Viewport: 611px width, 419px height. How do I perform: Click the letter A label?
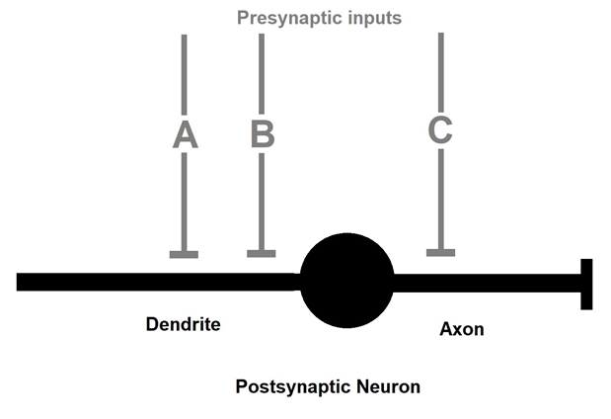[185, 134]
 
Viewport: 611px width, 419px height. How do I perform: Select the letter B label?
[262, 134]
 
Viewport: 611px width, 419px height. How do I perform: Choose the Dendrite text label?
[183, 324]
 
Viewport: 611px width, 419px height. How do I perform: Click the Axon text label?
[461, 328]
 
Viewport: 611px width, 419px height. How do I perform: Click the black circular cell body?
[346, 282]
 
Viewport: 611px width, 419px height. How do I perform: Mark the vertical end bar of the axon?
[586, 284]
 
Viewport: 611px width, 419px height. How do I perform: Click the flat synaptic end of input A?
[184, 254]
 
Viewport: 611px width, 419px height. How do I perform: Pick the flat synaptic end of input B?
[261, 254]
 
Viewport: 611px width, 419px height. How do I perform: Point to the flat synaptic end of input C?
[440, 253]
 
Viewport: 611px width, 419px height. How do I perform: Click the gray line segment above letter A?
[184, 74]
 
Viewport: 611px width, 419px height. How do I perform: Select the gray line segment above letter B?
[261, 74]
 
